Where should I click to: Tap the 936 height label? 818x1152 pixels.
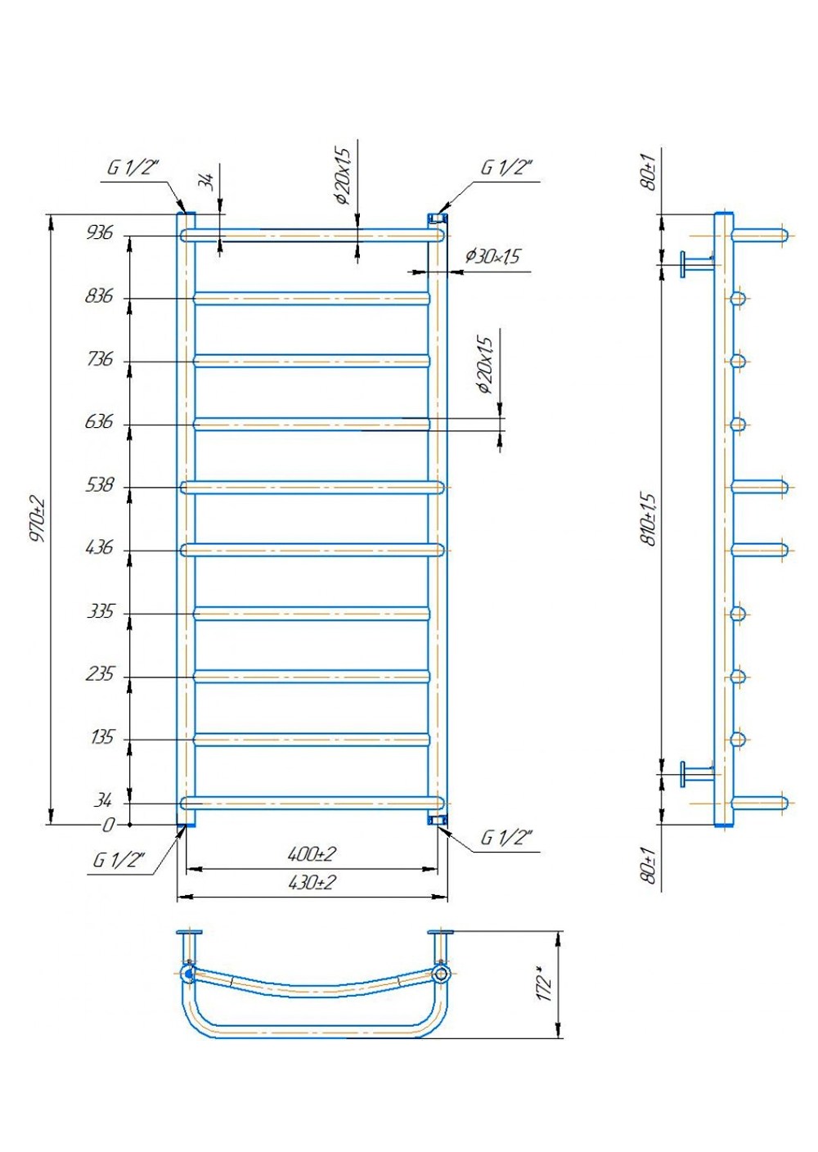coord(99,233)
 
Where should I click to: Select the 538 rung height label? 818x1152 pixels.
coord(99,485)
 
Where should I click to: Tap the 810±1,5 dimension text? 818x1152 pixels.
coord(649,520)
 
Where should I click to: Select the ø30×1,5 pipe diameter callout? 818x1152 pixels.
coord(493,255)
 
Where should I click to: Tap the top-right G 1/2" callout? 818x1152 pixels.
coord(506,168)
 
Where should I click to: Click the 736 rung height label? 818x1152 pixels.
coord(99,359)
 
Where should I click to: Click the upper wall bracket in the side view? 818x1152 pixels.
coord(697,264)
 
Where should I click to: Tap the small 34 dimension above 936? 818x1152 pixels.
coord(209,182)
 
